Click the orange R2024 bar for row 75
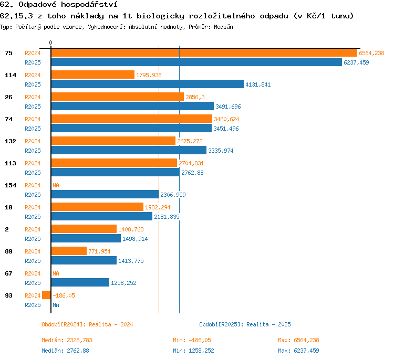(204, 53)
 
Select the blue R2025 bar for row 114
(148, 84)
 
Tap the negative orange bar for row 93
(46, 295)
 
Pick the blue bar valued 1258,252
(80, 282)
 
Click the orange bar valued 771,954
(69, 251)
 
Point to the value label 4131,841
(258, 84)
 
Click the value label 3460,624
(226, 119)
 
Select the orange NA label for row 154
(56, 185)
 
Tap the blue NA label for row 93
(56, 305)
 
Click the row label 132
(11, 141)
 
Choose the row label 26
(8, 97)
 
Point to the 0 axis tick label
(51, 43)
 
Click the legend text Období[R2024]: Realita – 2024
(87, 324)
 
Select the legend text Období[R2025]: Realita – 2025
(245, 324)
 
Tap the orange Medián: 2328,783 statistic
(67, 340)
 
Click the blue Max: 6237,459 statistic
(298, 351)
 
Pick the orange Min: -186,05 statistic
(192, 340)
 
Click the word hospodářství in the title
(89, 5)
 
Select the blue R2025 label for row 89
(33, 261)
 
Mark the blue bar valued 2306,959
(105, 194)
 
